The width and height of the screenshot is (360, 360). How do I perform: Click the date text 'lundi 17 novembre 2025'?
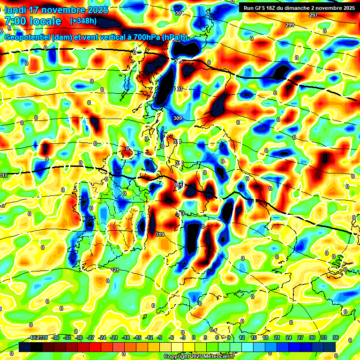56,10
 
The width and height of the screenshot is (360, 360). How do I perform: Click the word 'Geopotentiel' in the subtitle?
27,37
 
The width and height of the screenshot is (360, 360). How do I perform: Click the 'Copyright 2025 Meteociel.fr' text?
199,356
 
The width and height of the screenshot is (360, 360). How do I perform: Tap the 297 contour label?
314,15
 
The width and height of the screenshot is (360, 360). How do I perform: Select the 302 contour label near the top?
179,14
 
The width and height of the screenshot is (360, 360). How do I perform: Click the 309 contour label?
177,118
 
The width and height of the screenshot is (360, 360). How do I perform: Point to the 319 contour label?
160,234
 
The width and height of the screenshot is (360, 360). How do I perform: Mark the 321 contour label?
115,270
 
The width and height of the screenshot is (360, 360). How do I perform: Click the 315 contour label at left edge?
4,175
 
